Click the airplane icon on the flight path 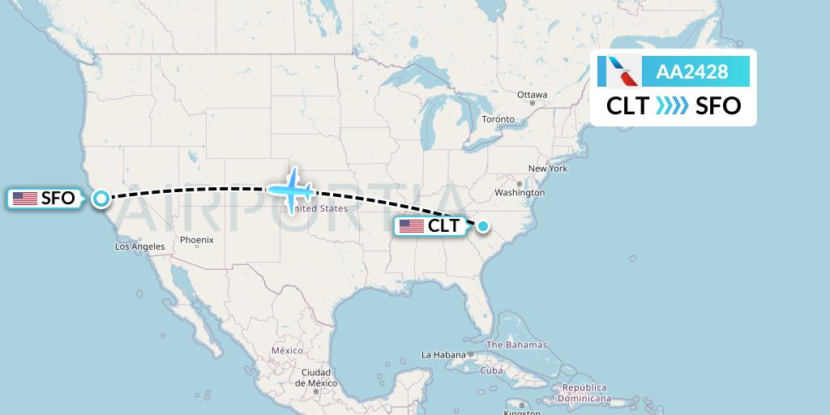[x=291, y=190]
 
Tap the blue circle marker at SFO [x=101, y=197]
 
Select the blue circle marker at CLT [x=483, y=226]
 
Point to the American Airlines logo [x=618, y=72]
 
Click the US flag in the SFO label [x=25, y=198]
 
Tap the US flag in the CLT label [x=412, y=226]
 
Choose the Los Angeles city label [x=139, y=246]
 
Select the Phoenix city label [x=196, y=240]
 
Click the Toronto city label [x=498, y=119]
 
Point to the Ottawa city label [x=532, y=95]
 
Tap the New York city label [x=548, y=169]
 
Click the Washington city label [x=519, y=193]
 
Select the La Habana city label [x=443, y=355]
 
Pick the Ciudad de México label [x=310, y=379]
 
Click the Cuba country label [x=492, y=370]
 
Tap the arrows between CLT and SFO [x=673, y=105]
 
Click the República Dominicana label [x=581, y=393]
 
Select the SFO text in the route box [x=718, y=105]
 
